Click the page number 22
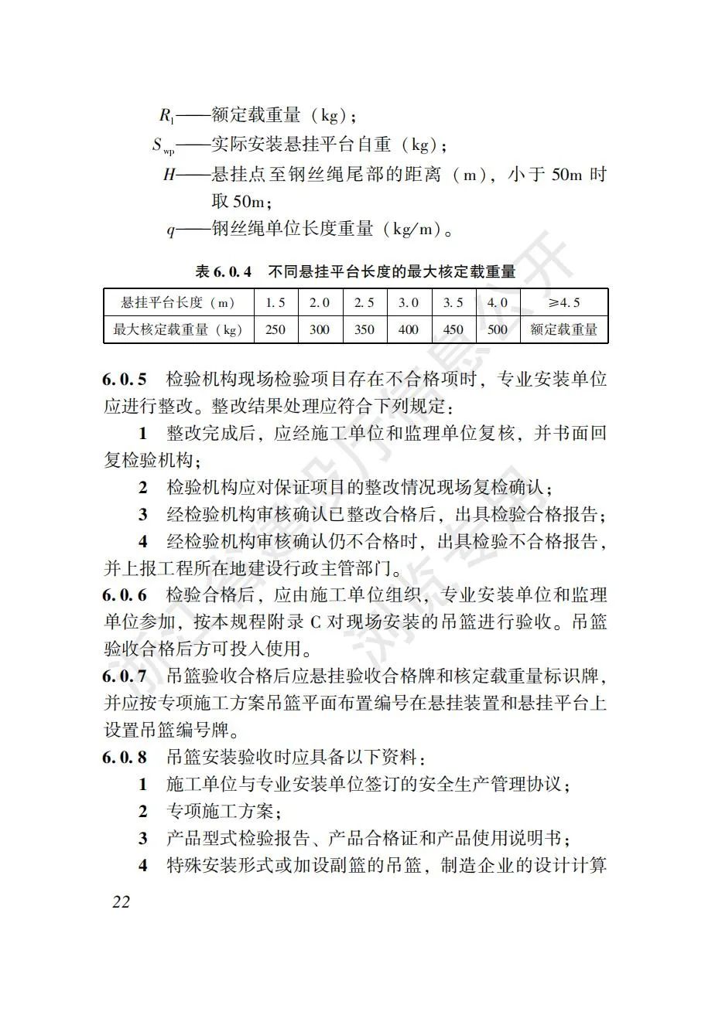[121, 901]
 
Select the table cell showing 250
[275, 329]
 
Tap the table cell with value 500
[498, 329]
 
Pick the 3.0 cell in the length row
[409, 302]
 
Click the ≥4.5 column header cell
[564, 302]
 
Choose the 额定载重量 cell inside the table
[564, 329]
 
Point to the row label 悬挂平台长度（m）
[178, 302]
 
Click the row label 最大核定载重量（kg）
[178, 329]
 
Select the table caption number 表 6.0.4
[224, 272]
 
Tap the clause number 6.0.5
[125, 380]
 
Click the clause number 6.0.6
[125, 595]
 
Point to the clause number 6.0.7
[125, 676]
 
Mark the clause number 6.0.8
[125, 758]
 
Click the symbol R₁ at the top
[167, 116]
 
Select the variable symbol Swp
[163, 145]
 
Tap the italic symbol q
[171, 230]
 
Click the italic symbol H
[169, 175]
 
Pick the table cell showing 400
[409, 329]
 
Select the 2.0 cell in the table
[320, 302]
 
